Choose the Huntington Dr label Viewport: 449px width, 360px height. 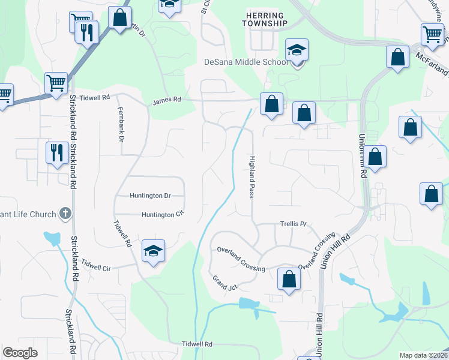point(150,196)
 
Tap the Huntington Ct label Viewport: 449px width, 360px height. point(161,214)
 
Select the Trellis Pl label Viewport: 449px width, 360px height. point(294,224)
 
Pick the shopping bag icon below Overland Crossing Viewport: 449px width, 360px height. point(289,278)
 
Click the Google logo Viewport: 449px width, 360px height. point(20,353)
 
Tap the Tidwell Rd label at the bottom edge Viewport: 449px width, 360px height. point(197,344)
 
